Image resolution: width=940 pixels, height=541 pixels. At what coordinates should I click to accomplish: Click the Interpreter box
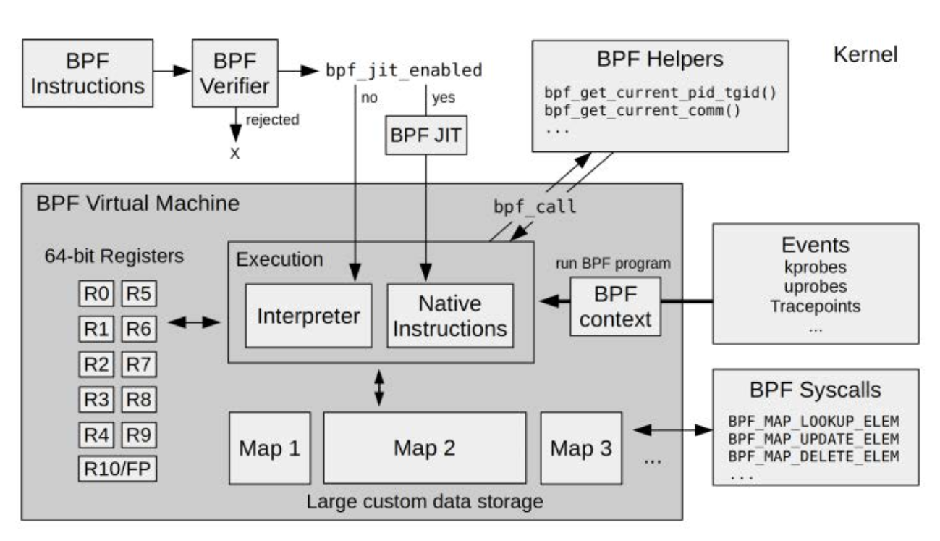pos(309,315)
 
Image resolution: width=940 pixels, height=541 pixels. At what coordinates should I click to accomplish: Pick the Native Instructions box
pos(450,315)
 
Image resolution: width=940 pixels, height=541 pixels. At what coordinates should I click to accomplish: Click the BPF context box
pos(615,306)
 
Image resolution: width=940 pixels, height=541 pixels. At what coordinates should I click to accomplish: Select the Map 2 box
pos(424,447)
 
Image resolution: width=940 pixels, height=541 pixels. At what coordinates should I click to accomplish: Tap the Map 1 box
pos(269,447)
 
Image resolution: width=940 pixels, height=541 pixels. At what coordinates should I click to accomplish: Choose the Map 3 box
pos(580,447)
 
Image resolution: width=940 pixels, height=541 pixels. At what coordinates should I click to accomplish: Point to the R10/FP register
pos(117,469)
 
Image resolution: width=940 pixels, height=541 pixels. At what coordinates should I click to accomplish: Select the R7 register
pos(138,364)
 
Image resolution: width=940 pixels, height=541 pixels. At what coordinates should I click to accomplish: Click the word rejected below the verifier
pos(271,120)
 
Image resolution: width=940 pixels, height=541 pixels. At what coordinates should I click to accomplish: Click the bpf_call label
pos(535,206)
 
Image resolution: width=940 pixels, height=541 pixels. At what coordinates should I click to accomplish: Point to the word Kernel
pos(866,54)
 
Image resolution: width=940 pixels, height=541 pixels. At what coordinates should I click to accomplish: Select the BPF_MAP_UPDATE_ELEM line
pos(813,439)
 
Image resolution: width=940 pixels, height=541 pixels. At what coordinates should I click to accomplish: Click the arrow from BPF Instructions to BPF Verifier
pos(170,72)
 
